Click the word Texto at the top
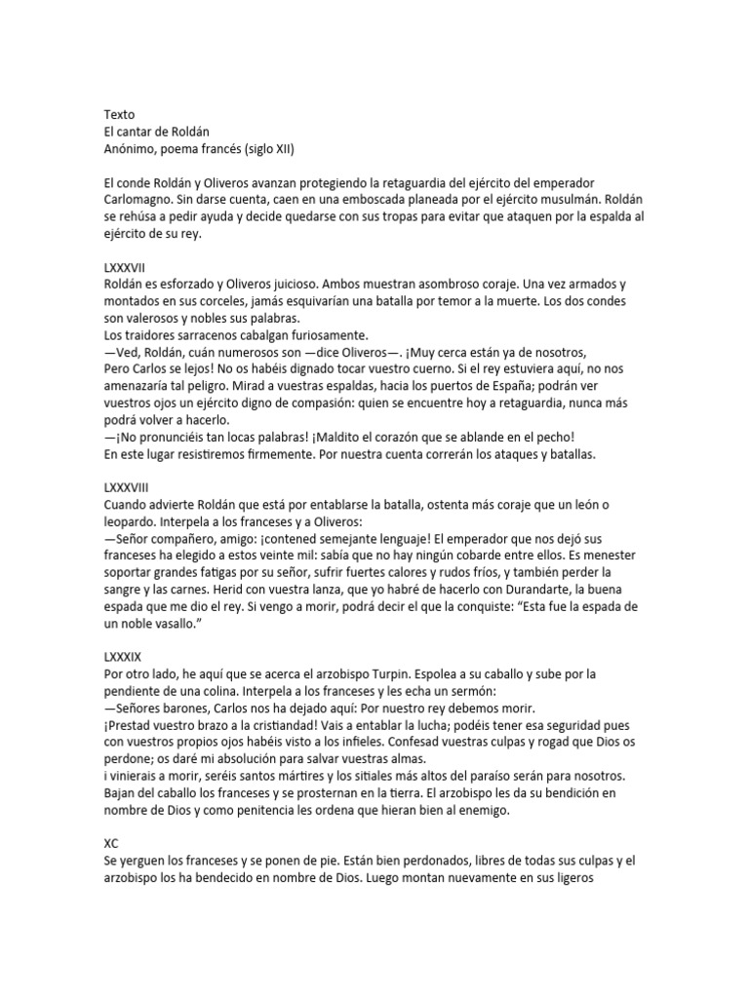coord(119,114)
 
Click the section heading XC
coord(110,843)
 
